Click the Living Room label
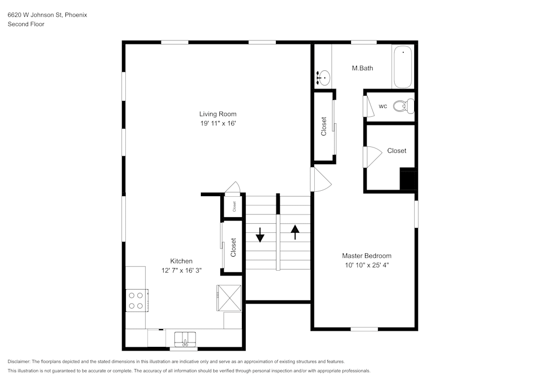pyautogui.click(x=218, y=114)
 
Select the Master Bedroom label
pyautogui.click(x=366, y=256)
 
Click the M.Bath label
pyautogui.click(x=362, y=68)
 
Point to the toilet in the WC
pyautogui.click(x=402, y=106)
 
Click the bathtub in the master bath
pyautogui.click(x=402, y=68)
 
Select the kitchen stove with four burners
pyautogui.click(x=137, y=300)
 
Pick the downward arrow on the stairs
pyautogui.click(x=260, y=234)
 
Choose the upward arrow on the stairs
pyautogui.click(x=295, y=232)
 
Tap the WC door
pyautogui.click(x=370, y=106)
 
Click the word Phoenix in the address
pyautogui.click(x=76, y=15)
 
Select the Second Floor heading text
pyautogui.click(x=26, y=24)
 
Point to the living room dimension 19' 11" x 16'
pyautogui.click(x=218, y=124)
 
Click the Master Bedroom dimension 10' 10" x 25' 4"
pyautogui.click(x=366, y=265)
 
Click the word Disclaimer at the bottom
pyautogui.click(x=19, y=361)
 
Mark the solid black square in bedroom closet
pyautogui.click(x=408, y=179)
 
